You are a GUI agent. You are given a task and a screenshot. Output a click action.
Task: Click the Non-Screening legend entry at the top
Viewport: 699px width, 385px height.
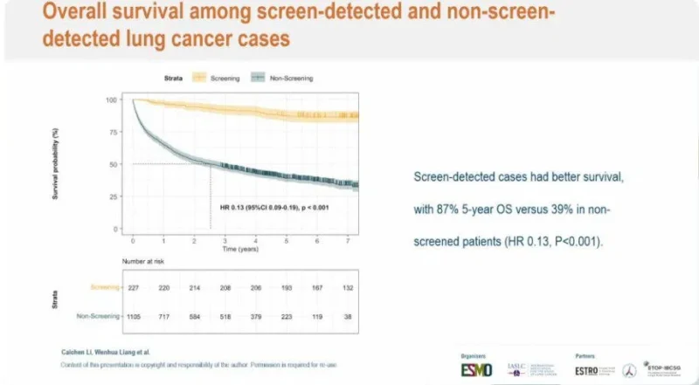[285, 78]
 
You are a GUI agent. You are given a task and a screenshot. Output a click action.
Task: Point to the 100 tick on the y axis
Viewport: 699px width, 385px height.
[111, 100]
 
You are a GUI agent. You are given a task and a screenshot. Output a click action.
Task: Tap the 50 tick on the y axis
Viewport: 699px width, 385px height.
[113, 164]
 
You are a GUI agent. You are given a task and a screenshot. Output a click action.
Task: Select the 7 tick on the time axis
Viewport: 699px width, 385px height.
[347, 239]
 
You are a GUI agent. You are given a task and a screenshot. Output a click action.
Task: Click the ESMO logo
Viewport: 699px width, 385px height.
[478, 369]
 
